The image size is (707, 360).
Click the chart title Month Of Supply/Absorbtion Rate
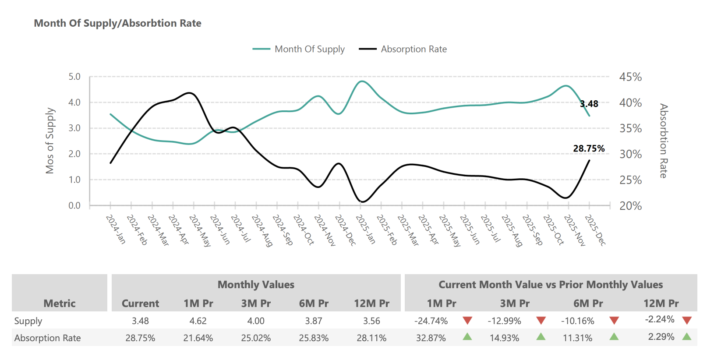click(117, 23)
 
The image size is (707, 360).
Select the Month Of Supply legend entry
click(309, 49)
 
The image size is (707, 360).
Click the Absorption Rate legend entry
click(414, 49)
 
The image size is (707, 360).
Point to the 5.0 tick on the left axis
click(74, 77)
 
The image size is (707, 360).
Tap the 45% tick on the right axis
click(630, 77)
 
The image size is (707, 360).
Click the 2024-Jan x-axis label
click(116, 229)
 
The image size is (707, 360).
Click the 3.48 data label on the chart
click(589, 104)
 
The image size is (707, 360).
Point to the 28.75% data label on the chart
click(588, 148)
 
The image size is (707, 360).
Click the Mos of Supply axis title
click(50, 141)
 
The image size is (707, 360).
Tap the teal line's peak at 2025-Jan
click(362, 81)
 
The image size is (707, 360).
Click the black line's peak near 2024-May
click(190, 93)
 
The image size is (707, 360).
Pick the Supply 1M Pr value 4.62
click(198, 321)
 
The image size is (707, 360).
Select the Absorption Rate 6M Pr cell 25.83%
click(314, 338)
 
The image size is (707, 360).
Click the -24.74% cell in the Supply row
click(431, 321)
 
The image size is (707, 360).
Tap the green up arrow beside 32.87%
click(467, 337)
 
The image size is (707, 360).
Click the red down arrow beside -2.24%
click(687, 320)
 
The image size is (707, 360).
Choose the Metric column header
click(60, 303)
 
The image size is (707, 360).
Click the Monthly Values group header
click(256, 285)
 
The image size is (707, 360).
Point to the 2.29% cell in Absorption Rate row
click(661, 337)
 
